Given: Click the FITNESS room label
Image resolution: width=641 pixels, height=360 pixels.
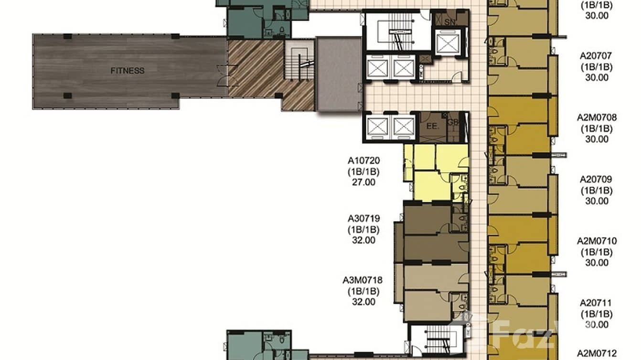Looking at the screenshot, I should [x=127, y=71].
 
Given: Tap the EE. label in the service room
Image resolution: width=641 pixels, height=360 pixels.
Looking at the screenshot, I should [x=432, y=127].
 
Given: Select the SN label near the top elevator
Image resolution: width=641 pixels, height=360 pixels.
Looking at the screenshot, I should [x=449, y=22].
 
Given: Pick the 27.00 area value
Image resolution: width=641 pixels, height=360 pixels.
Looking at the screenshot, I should [x=364, y=182].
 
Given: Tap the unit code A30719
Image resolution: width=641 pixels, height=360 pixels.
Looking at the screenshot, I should [x=364, y=219].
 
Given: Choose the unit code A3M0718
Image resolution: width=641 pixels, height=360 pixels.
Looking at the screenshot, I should [x=363, y=280].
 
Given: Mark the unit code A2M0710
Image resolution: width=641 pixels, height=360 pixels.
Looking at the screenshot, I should [x=597, y=241].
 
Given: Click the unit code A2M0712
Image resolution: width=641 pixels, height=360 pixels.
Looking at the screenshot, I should [x=597, y=353].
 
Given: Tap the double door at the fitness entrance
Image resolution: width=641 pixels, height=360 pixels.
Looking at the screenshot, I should [x=222, y=76].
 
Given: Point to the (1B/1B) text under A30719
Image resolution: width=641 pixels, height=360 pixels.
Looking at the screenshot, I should [x=364, y=230].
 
